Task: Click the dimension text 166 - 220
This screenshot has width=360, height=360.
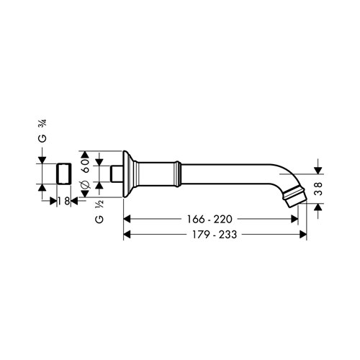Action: click(211, 217)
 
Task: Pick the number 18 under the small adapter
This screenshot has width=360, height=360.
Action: click(64, 202)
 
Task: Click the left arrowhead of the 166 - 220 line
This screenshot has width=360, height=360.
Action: click(127, 217)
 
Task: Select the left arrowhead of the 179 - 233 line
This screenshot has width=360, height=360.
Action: click(127, 234)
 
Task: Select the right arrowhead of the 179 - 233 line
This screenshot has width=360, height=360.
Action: click(305, 234)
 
